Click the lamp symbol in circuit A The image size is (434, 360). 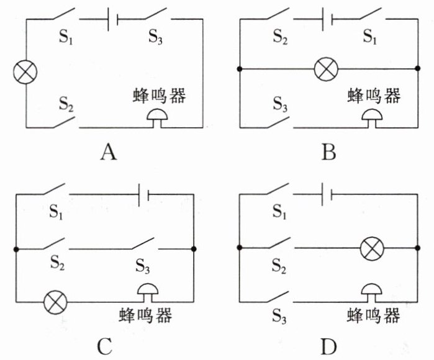(x=25, y=72)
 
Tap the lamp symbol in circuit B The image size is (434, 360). (x=327, y=69)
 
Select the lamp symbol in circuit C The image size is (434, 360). (x=56, y=302)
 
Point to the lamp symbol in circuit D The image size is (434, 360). (x=373, y=248)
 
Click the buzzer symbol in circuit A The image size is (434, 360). (x=157, y=118)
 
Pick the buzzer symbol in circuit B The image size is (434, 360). (x=373, y=118)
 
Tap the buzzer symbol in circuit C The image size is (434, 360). (x=148, y=292)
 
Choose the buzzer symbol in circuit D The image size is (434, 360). (x=372, y=292)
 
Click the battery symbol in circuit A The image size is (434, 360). (x=113, y=19)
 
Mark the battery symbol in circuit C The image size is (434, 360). (x=143, y=194)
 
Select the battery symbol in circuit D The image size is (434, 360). (x=327, y=194)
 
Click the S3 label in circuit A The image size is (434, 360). (x=156, y=37)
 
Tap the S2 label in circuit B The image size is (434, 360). (x=281, y=37)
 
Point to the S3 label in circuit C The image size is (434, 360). (x=143, y=266)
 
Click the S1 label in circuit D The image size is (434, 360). (x=279, y=212)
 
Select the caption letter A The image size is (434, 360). (x=109, y=153)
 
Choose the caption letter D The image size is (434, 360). (x=329, y=347)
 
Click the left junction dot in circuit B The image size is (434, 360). (x=240, y=69)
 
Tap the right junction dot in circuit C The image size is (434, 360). (x=194, y=249)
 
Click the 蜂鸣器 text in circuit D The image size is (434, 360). (x=373, y=315)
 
